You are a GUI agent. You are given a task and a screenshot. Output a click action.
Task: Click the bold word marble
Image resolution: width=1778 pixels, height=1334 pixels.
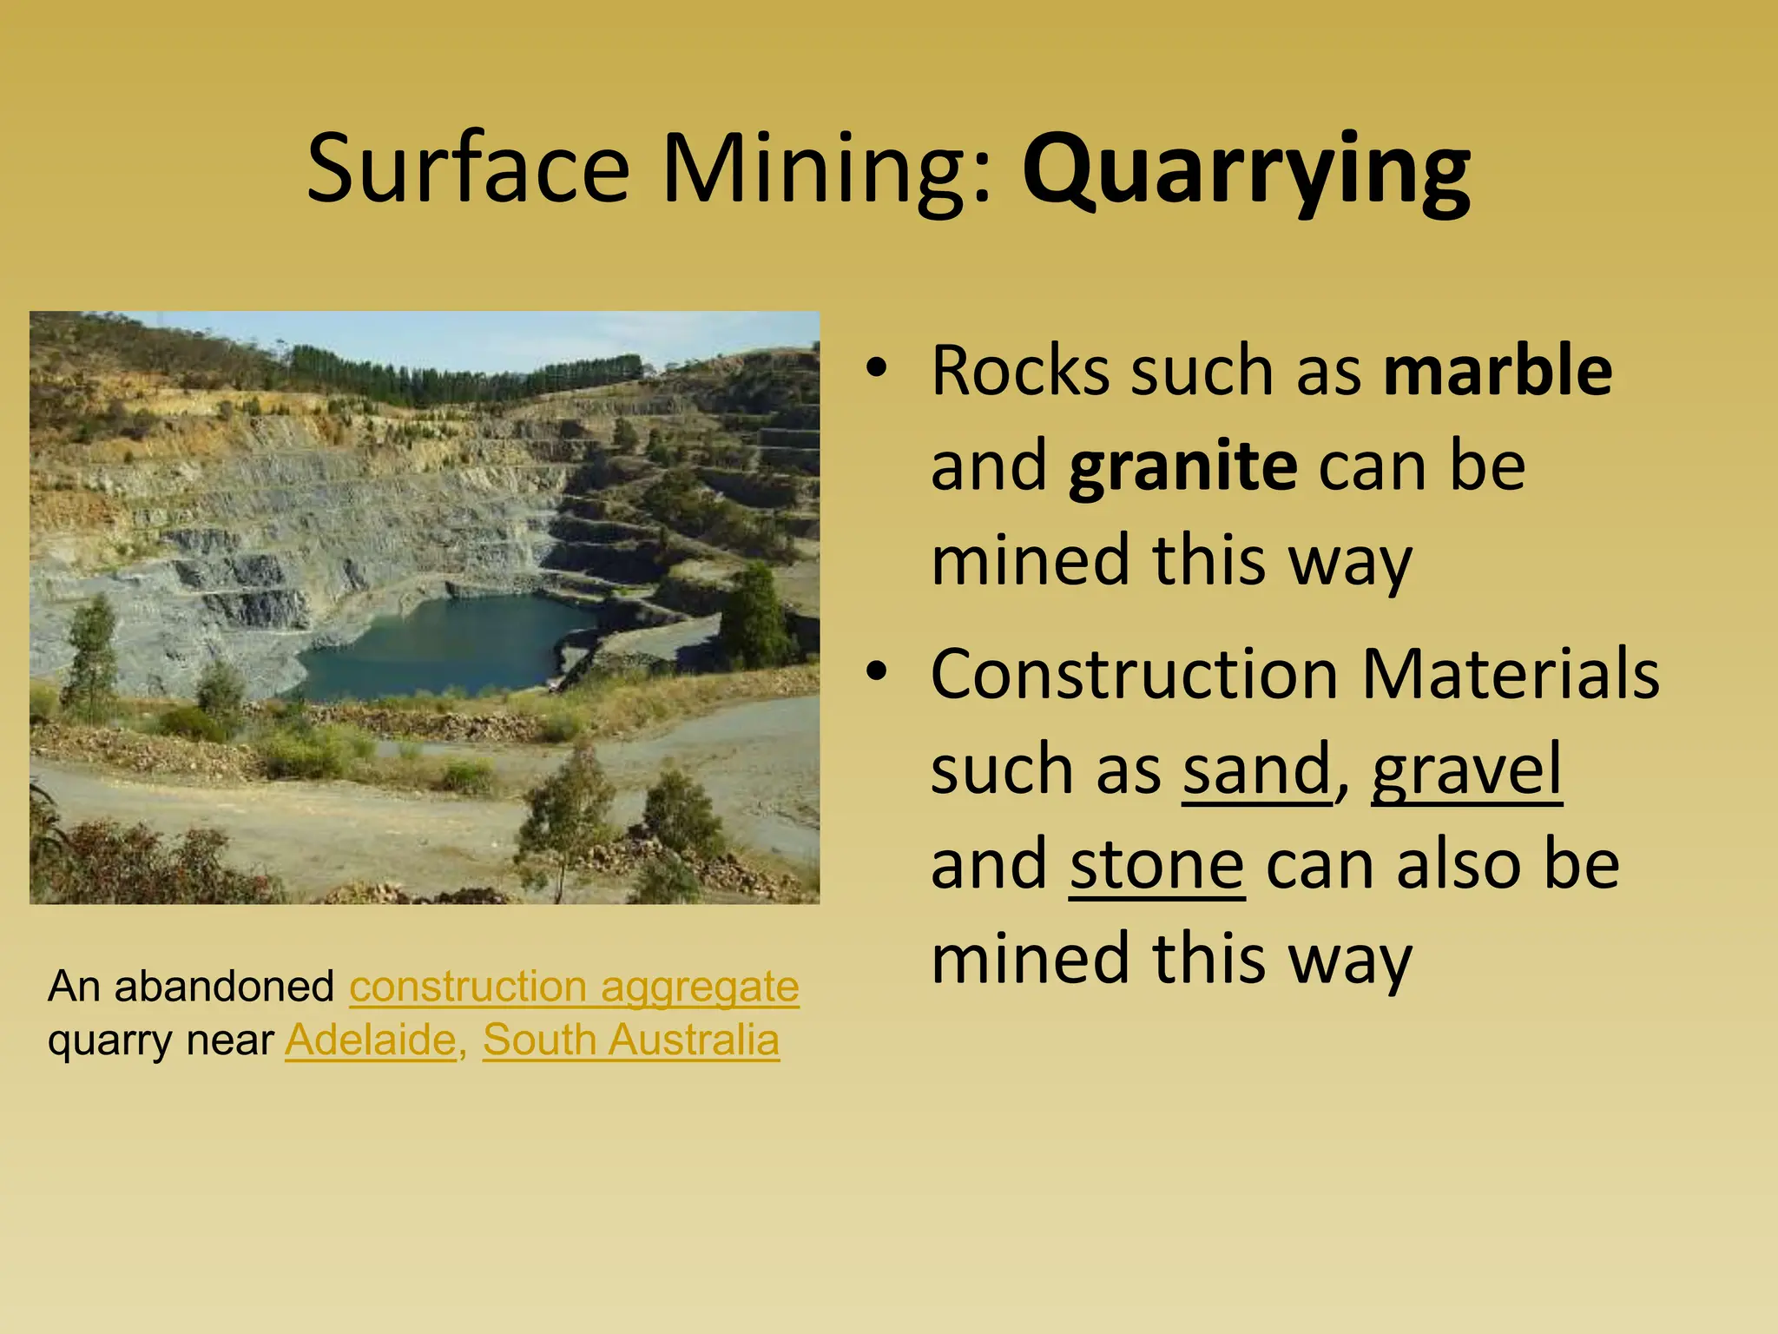pyautogui.click(x=1498, y=370)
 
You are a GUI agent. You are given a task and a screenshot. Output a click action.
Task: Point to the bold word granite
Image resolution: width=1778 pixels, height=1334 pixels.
pyautogui.click(x=1183, y=467)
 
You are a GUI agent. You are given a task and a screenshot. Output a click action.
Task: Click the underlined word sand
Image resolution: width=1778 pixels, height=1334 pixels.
pyautogui.click(x=1257, y=769)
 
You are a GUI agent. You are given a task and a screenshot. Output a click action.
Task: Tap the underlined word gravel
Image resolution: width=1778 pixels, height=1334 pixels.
pyautogui.click(x=1466, y=769)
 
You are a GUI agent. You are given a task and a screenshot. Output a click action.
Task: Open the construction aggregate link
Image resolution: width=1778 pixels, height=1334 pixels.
pyautogui.click(x=574, y=987)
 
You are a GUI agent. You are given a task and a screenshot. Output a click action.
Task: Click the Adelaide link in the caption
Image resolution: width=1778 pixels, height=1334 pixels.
pyautogui.click(x=371, y=1040)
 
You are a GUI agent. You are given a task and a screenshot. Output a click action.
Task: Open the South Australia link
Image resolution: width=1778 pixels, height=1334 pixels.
pyautogui.click(x=631, y=1040)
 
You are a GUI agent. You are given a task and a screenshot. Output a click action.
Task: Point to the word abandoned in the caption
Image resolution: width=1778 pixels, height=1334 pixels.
pyautogui.click(x=224, y=987)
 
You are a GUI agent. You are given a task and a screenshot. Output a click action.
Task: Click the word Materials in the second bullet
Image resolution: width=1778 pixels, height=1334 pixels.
pyautogui.click(x=1510, y=674)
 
